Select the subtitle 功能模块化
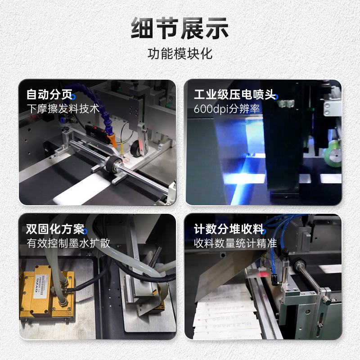tap(180, 54)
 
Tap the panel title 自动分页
tap(49, 95)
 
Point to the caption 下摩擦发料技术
tap(63, 109)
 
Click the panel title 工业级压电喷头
tap(234, 95)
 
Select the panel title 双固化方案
tap(55, 229)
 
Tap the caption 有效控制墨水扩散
tap(68, 243)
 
